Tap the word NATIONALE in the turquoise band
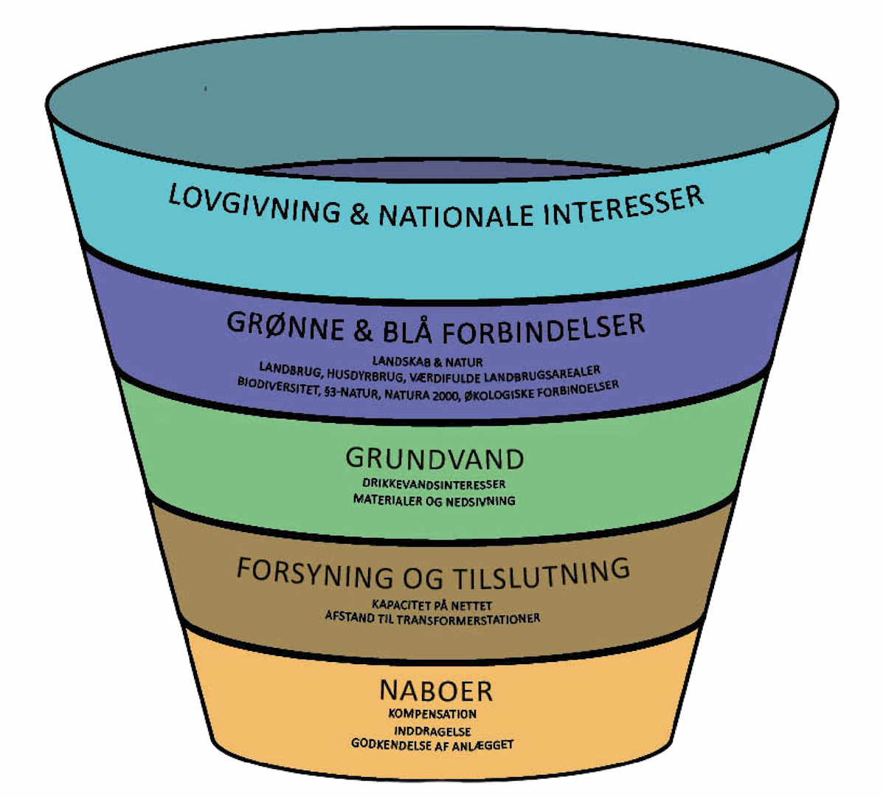455,215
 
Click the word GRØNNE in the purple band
285,325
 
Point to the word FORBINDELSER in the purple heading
544,329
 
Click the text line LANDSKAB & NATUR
427,362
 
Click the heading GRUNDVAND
434,458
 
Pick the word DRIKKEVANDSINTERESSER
434,484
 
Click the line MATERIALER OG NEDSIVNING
434,500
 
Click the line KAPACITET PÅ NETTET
432,604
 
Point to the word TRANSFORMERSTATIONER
468,618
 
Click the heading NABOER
435,691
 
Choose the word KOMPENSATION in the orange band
432,714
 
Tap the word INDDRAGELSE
432,731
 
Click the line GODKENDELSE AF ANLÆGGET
432,744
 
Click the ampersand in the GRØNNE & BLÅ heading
362,331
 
